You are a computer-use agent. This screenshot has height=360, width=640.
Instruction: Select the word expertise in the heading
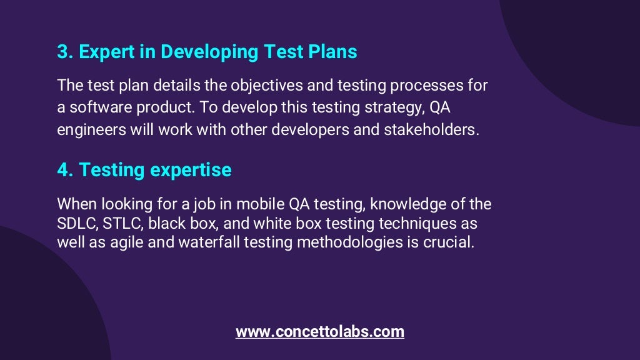[191, 170]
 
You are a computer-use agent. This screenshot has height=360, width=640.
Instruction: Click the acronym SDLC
[74, 223]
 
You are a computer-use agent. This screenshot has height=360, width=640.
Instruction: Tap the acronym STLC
[121, 223]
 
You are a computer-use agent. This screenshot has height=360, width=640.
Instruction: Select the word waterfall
[204, 242]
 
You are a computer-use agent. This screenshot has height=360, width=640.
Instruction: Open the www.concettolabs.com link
[320, 332]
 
